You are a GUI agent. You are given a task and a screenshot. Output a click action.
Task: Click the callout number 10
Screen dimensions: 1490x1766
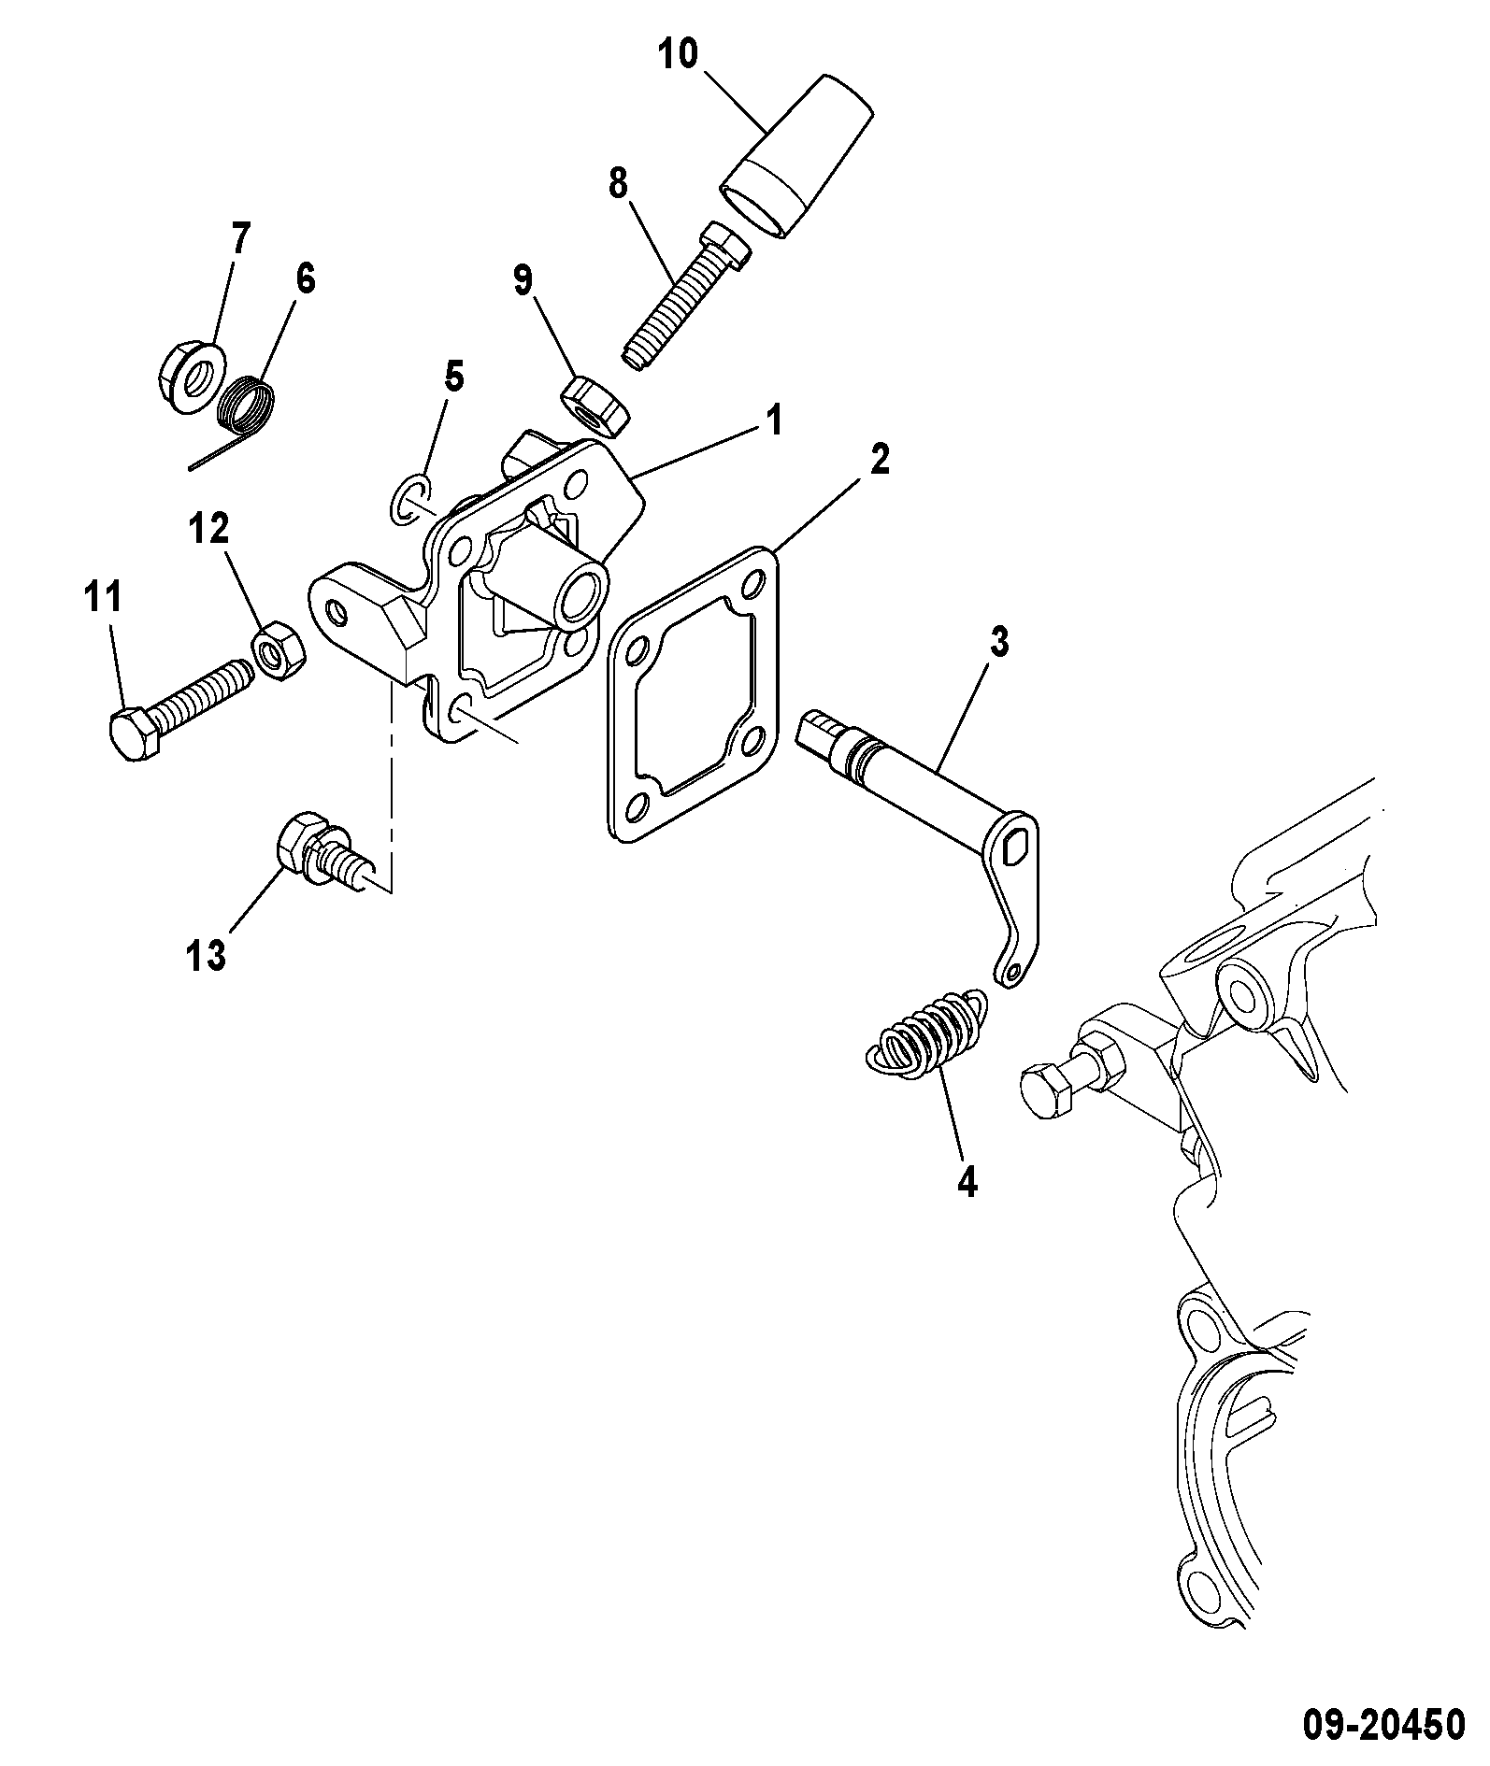click(679, 54)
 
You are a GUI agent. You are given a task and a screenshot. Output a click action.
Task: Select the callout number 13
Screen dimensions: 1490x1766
click(204, 955)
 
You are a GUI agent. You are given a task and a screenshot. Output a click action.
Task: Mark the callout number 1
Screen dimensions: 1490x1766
click(775, 421)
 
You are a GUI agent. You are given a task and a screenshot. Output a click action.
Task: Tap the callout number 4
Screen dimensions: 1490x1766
click(967, 1182)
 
